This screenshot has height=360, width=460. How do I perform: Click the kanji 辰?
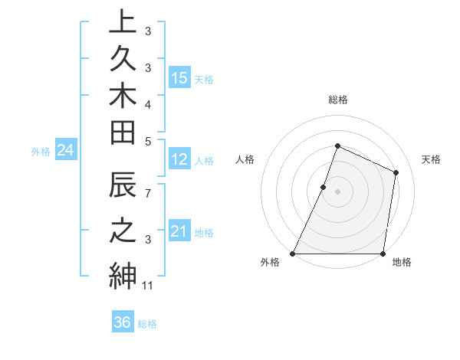point(123,188)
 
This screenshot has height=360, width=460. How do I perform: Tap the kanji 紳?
point(123,274)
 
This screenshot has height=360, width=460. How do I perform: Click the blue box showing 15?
point(179,77)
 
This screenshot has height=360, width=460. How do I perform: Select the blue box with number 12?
point(179,159)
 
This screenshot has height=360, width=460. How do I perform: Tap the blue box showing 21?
point(179,231)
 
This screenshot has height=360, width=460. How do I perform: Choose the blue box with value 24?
point(65,151)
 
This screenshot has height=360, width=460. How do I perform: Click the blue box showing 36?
point(123,322)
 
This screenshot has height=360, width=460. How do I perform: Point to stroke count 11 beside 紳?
point(148,286)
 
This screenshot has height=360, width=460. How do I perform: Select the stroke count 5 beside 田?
point(148,140)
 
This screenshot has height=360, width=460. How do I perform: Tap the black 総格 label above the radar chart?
point(337,100)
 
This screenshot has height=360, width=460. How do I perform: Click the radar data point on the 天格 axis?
point(396,172)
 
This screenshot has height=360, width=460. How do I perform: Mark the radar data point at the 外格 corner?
point(293,254)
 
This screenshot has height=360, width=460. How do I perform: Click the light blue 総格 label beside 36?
point(148,324)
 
